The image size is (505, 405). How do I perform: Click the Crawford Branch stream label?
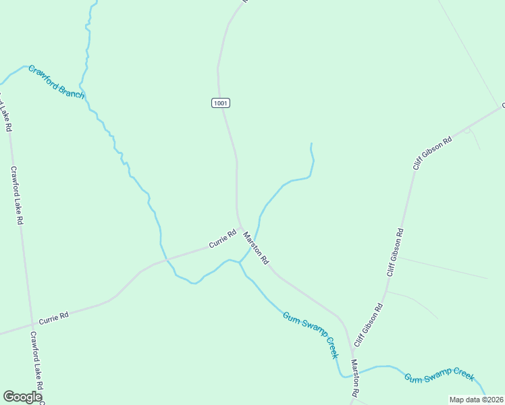click(x=56, y=82)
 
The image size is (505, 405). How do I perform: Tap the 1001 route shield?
click(x=221, y=103)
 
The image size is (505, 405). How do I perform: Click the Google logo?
click(x=22, y=398)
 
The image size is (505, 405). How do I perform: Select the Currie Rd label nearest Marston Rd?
click(x=222, y=238)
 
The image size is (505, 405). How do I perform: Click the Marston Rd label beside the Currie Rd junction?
click(x=256, y=248)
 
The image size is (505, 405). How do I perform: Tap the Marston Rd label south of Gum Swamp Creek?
click(x=355, y=378)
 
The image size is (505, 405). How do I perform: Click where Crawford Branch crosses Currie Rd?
click(x=161, y=260)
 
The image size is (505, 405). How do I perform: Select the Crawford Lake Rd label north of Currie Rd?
click(x=18, y=196)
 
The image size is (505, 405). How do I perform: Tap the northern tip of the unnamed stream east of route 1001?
click(x=311, y=143)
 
